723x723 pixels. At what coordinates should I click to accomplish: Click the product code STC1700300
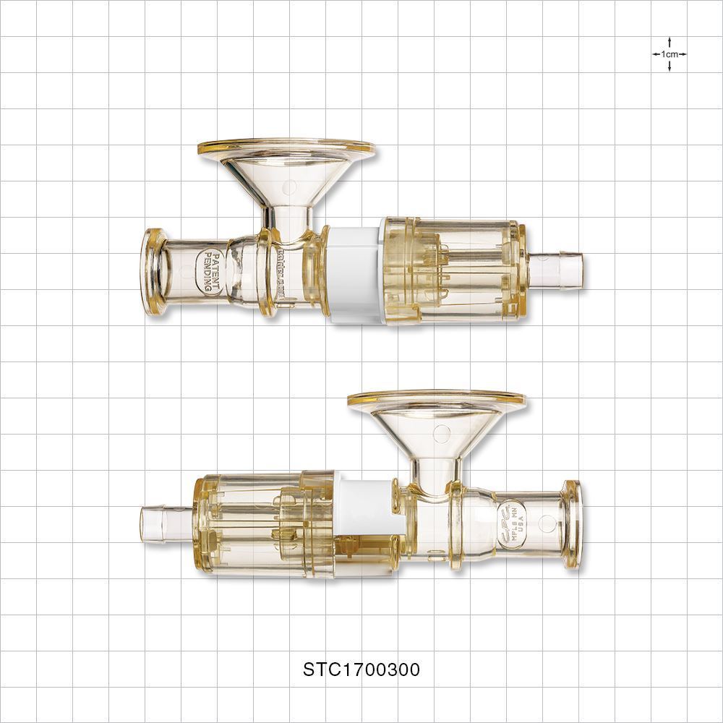tap(361, 669)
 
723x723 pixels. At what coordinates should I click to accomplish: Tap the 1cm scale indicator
tap(669, 54)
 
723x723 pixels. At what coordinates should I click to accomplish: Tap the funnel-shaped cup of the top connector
tap(286, 177)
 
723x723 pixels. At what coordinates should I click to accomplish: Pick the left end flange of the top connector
tap(153, 272)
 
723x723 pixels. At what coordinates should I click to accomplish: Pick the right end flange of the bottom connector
tap(572, 523)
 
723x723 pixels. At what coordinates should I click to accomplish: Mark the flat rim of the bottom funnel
tap(436, 398)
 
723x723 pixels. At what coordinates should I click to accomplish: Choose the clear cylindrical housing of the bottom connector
tap(260, 523)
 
